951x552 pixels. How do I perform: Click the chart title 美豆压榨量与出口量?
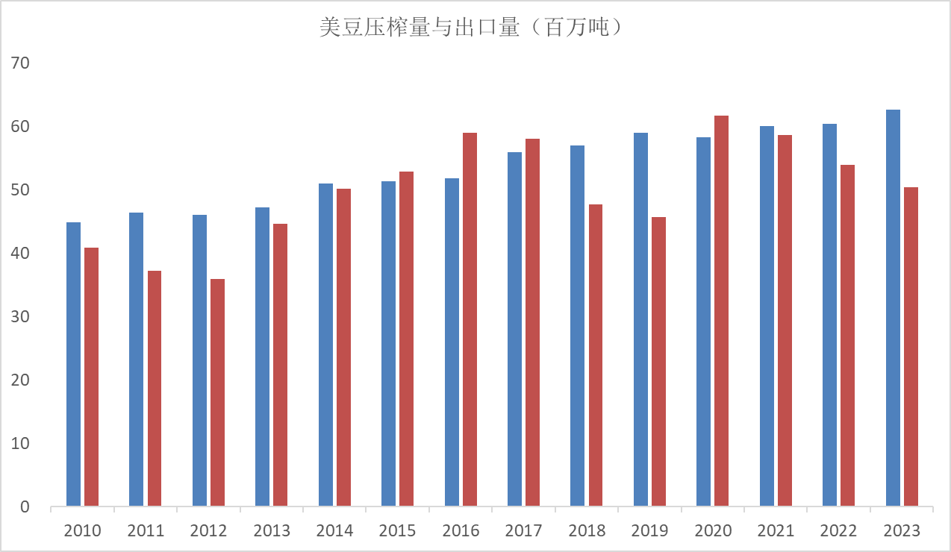click(x=420, y=28)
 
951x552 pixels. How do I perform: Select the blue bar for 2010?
click(x=73, y=364)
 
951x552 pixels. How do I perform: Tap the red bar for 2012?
click(x=217, y=392)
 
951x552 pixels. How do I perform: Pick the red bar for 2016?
click(x=470, y=319)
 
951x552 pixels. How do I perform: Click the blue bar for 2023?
click(x=893, y=307)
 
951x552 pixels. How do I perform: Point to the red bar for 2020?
click(x=721, y=310)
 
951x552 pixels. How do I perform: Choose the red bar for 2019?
click(x=658, y=362)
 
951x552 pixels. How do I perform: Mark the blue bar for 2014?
click(x=325, y=345)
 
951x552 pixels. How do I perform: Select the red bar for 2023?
click(x=911, y=347)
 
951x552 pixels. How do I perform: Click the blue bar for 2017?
click(x=514, y=329)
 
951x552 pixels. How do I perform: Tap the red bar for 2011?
click(x=155, y=388)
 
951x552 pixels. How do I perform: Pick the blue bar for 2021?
click(x=767, y=316)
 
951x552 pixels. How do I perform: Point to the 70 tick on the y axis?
click(x=20, y=63)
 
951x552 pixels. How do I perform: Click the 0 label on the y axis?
click(x=25, y=506)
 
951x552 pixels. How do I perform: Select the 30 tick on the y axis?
click(x=20, y=316)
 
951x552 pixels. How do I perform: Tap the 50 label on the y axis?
click(x=20, y=190)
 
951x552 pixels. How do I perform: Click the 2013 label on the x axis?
click(x=272, y=531)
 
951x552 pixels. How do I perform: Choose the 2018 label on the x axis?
click(x=587, y=531)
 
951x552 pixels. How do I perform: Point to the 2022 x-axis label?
click(x=838, y=531)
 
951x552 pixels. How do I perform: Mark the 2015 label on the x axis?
click(x=397, y=531)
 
